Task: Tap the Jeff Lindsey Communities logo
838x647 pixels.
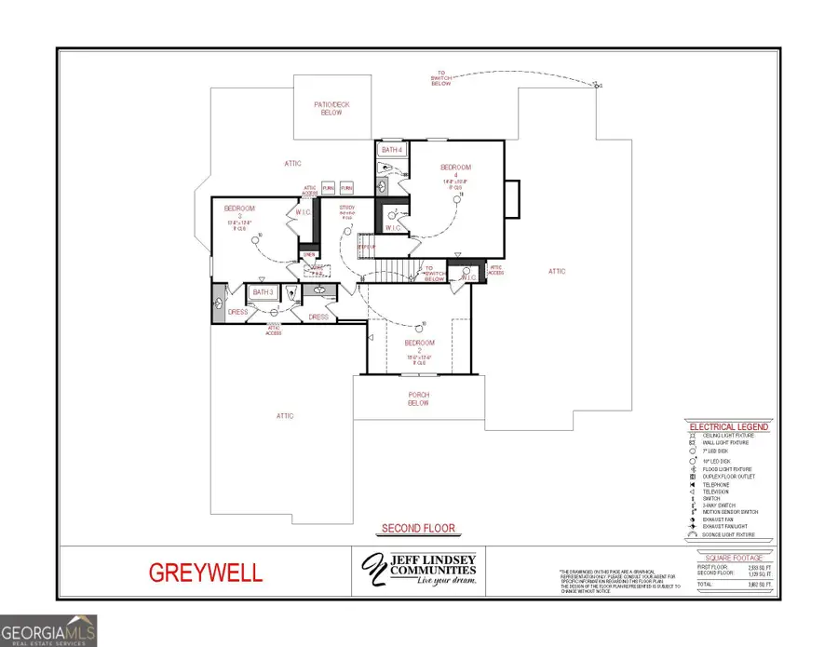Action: [418, 570]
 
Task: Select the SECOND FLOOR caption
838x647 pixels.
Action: [418, 529]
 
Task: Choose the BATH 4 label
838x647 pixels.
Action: [391, 150]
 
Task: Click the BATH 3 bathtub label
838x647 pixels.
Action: [262, 292]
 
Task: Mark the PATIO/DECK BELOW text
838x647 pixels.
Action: [332, 108]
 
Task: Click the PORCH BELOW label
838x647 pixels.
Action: [419, 398]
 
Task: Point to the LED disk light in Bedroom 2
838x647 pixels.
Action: [425, 324]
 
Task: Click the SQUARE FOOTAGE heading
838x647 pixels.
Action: [734, 558]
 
